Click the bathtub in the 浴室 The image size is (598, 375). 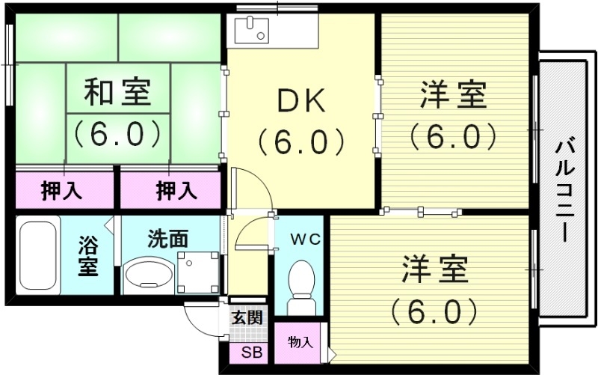pyautogui.click(x=38, y=254)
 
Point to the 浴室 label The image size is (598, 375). pyautogui.click(x=89, y=255)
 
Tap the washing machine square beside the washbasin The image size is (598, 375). pyautogui.click(x=198, y=272)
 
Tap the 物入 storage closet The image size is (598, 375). pyautogui.click(x=300, y=343)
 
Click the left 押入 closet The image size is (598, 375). pyautogui.click(x=61, y=191)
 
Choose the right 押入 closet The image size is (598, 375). pyautogui.click(x=176, y=191)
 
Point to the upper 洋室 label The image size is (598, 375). pyautogui.click(x=453, y=95)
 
